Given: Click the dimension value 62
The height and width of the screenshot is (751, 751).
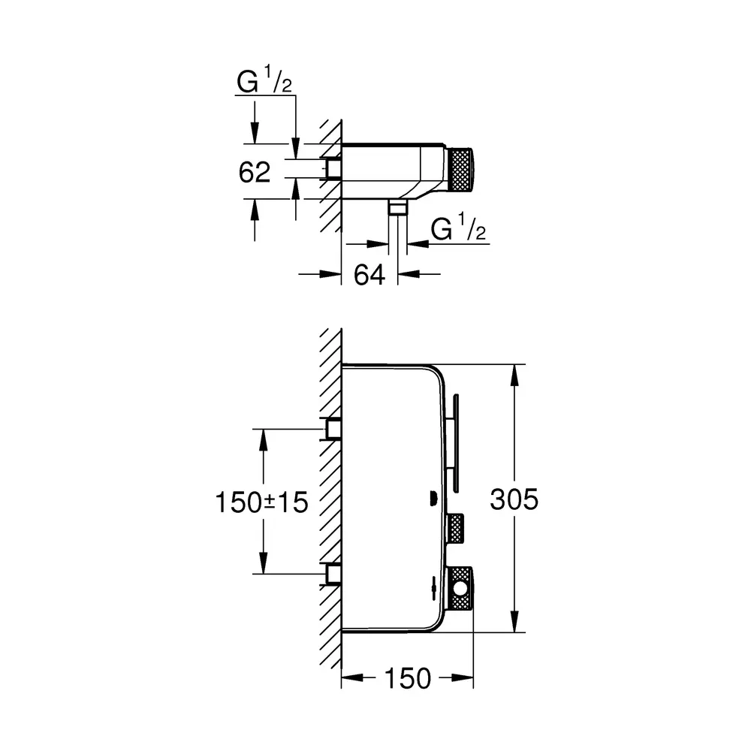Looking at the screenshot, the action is point(255,172).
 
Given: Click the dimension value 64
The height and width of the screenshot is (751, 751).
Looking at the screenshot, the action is point(369,275).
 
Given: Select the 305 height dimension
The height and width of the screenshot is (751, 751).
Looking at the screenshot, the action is point(514,499).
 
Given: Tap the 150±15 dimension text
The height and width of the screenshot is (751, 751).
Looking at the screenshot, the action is point(261,502).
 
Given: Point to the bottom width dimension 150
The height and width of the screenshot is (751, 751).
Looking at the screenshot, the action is point(408,678).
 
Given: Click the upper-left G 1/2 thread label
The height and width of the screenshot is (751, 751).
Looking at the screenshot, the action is point(264,80).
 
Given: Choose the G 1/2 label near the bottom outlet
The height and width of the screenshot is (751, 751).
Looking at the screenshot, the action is point(458,228).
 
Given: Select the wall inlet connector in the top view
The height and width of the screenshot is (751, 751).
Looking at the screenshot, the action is point(333,170).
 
